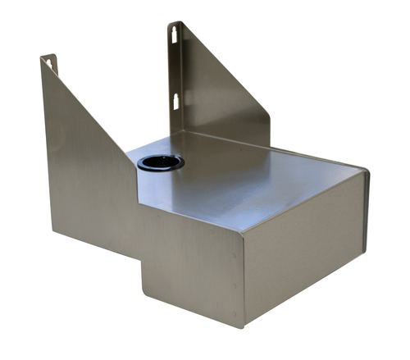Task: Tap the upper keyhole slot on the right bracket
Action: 175,34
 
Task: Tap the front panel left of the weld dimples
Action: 189,262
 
